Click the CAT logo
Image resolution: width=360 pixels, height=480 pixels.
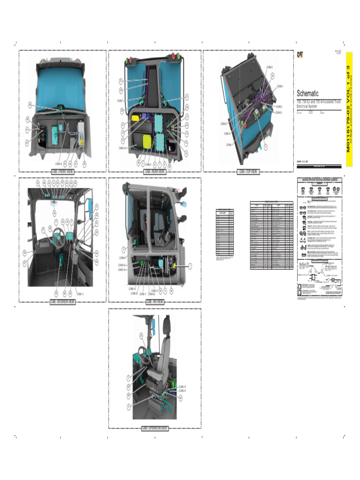pos(300,55)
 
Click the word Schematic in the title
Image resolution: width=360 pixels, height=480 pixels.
pos(307,93)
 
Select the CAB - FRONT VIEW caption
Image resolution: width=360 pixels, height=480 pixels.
pos(62,172)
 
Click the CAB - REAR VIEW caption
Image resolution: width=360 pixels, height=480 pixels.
pos(154,172)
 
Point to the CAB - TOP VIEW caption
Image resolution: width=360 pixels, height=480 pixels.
pos(248,172)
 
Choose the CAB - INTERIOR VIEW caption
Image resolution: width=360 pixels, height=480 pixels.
pos(62,302)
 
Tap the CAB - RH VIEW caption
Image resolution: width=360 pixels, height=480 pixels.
pos(155,302)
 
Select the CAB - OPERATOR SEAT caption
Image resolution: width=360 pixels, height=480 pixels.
pos(155,428)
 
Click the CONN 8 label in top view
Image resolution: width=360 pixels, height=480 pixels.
pos(269,67)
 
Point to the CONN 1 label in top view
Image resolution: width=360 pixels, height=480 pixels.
pos(229,145)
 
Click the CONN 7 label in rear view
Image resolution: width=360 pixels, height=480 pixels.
pos(120,101)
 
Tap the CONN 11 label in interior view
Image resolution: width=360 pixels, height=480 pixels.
pos(80,294)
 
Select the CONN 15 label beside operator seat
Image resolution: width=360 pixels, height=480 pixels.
pos(182,386)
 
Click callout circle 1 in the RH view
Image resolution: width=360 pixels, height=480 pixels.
pos(190,266)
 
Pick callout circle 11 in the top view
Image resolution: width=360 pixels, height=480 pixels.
pos(265,147)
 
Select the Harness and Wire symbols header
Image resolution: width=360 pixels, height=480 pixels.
pos(320,180)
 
